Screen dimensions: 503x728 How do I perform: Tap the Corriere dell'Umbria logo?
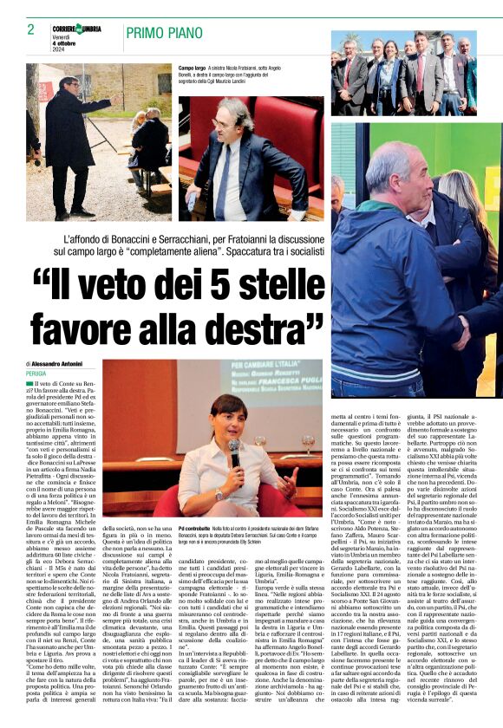pos(76,29)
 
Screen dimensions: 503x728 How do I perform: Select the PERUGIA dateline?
pos(36,374)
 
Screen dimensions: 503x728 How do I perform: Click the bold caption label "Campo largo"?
pos(192,67)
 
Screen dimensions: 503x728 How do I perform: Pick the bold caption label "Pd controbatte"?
pos(195,528)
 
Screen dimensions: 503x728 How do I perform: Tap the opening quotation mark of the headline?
pos(42,279)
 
